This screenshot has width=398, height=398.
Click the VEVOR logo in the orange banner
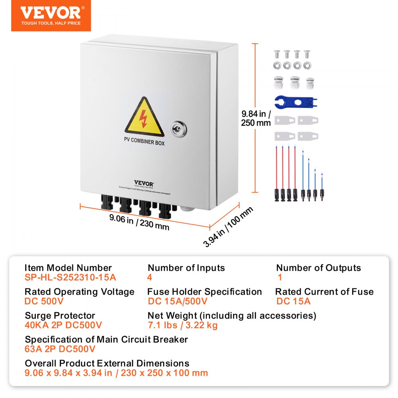pyautogui.click(x=51, y=13)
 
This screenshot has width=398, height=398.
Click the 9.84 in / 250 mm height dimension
pyautogui.click(x=256, y=118)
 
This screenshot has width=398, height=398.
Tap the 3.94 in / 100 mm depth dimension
pyautogui.click(x=228, y=227)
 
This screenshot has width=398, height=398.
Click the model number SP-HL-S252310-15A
pyautogui.click(x=70, y=277)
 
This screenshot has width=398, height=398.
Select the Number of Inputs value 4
pyautogui.click(x=150, y=277)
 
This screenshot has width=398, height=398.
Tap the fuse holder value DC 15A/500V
pyautogui.click(x=178, y=301)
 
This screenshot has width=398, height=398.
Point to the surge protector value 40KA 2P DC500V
pyautogui.click(x=63, y=325)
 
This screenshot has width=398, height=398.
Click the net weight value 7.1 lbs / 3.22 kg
pyautogui.click(x=183, y=325)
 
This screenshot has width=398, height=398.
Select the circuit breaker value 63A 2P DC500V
pyautogui.click(x=60, y=349)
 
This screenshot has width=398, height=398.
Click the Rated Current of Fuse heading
pyautogui.click(x=324, y=292)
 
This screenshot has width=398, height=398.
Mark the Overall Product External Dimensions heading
pyautogui.click(x=107, y=363)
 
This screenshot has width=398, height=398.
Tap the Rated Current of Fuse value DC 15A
pyautogui.click(x=293, y=301)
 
